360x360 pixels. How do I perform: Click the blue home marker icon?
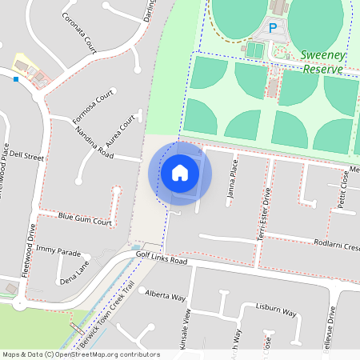[180, 173]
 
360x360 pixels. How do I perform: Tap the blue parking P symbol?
[272, 28]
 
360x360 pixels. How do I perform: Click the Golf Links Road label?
[161, 261]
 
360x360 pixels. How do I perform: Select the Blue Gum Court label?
[85, 220]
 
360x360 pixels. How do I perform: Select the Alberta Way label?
[165, 294]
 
